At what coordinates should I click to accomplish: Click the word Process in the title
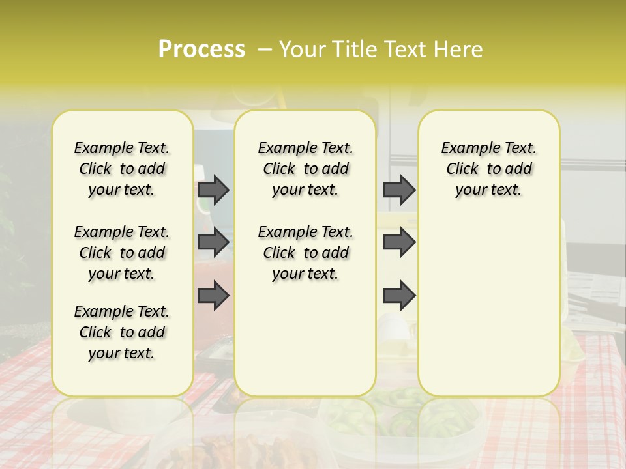click(201, 50)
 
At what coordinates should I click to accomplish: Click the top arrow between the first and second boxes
click(213, 190)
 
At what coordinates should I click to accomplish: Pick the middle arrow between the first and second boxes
click(213, 242)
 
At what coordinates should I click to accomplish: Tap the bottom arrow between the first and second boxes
click(213, 296)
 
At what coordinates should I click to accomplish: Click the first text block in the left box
click(122, 169)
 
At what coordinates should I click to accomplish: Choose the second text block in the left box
click(122, 253)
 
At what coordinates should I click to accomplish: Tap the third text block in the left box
click(122, 332)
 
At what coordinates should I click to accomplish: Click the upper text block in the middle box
click(305, 169)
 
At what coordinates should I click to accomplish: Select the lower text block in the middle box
click(305, 253)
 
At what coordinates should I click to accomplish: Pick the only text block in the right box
click(488, 169)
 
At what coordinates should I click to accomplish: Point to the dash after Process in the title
click(265, 50)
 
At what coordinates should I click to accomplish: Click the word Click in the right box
click(462, 169)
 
